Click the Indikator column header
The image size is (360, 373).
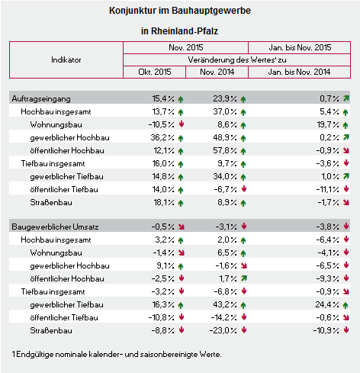[x=66, y=60]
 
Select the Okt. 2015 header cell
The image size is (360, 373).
[x=155, y=72]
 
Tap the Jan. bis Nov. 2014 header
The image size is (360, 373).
[x=299, y=72]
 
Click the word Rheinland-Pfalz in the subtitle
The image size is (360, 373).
[x=185, y=31]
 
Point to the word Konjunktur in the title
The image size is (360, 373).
[x=133, y=11]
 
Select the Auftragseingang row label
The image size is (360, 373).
[x=41, y=98]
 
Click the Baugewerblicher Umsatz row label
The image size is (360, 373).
[x=55, y=227]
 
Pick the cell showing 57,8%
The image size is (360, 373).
[x=225, y=150]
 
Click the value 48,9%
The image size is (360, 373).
[x=225, y=137]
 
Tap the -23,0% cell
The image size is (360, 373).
[x=223, y=330]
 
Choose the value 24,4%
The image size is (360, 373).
[x=327, y=304]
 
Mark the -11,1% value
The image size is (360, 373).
[x=327, y=189]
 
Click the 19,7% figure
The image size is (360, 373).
[x=328, y=124]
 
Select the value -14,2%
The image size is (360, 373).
[x=223, y=317]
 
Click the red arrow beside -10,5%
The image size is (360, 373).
[x=182, y=124]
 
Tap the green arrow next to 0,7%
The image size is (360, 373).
[x=346, y=98]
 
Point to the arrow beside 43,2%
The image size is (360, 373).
[x=243, y=305]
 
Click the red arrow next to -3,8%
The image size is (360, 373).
[x=346, y=226]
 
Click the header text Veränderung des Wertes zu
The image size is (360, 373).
[x=237, y=60]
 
